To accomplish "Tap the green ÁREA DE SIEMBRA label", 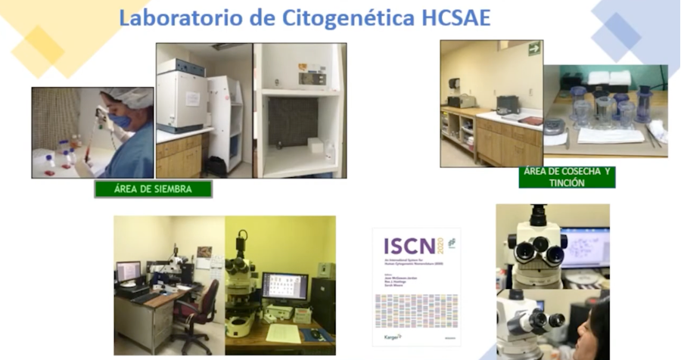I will pos(153,189).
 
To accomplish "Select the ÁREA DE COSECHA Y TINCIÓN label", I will pos(567,177).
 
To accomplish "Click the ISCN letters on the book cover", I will pos(409,246).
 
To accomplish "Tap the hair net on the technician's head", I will pos(129,96).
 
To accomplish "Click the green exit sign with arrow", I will pos(534,48).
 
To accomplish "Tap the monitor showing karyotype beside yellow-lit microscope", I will pos(284,288).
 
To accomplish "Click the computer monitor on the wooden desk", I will pos(128,271).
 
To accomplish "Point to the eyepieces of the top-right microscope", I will pos(538,248).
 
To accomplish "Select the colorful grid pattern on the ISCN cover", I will pos(415,310).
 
